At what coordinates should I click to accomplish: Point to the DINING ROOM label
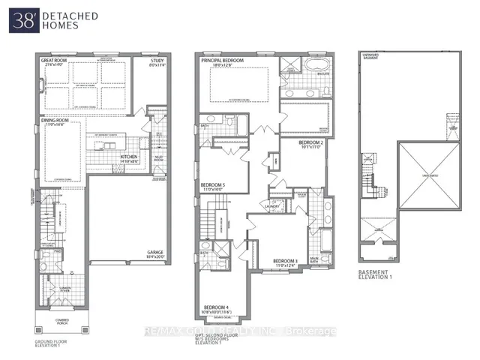(57, 121)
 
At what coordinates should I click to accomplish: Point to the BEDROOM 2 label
(310, 142)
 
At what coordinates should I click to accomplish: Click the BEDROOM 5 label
(213, 186)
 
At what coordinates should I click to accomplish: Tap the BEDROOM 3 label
(286, 262)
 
